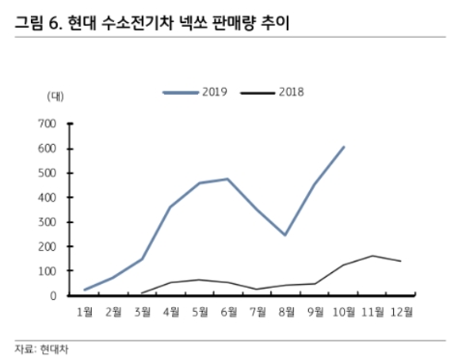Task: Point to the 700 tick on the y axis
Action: [47, 124]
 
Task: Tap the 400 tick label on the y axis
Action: [47, 197]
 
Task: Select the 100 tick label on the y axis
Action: [47, 271]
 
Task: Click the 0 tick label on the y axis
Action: [55, 296]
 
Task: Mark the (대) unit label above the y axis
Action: [54, 97]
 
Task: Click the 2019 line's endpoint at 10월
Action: [344, 147]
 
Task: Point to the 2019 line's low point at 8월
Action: [286, 235]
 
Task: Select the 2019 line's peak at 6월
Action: [228, 179]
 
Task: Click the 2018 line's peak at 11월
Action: [373, 256]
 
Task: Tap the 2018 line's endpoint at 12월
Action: [402, 262]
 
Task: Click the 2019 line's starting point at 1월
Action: [84, 290]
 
